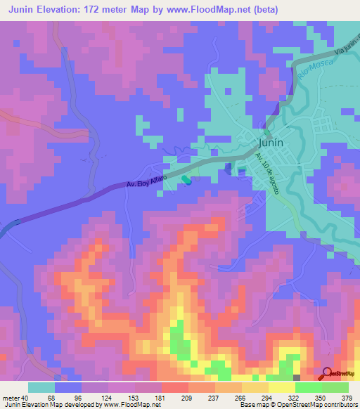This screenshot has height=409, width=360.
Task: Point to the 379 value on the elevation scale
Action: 347,397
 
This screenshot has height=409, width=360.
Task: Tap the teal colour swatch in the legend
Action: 41,387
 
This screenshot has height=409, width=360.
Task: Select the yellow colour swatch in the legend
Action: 281,387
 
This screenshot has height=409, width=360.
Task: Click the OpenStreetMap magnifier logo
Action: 328,374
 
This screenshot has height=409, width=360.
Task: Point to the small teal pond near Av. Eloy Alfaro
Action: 186,181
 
